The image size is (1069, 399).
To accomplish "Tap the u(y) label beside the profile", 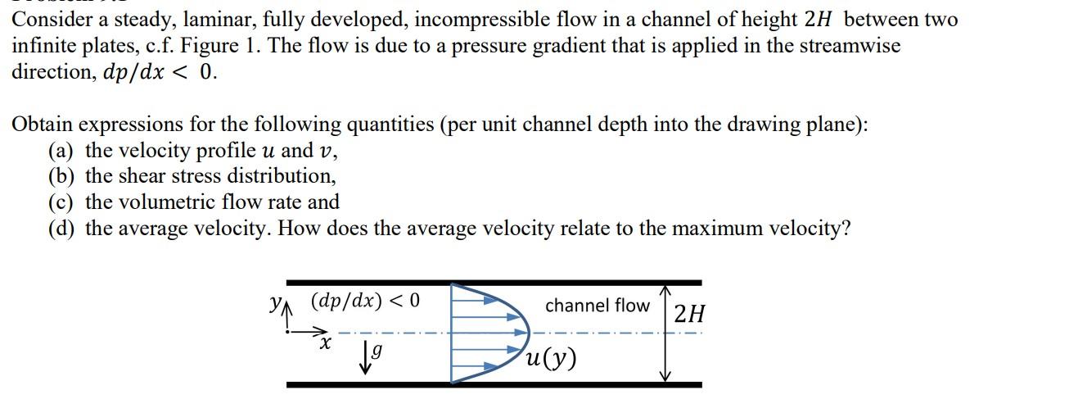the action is (552, 357).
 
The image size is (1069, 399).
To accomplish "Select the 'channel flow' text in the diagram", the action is (597, 306).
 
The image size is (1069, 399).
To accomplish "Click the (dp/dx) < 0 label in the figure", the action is (365, 300).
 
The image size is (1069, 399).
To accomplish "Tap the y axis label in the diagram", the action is (276, 302).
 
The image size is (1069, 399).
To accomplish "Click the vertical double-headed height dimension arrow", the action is (665, 333).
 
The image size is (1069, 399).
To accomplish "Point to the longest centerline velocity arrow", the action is (490, 333).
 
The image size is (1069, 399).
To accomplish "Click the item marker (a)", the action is (62, 151).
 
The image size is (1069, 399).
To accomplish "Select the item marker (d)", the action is (63, 228).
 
